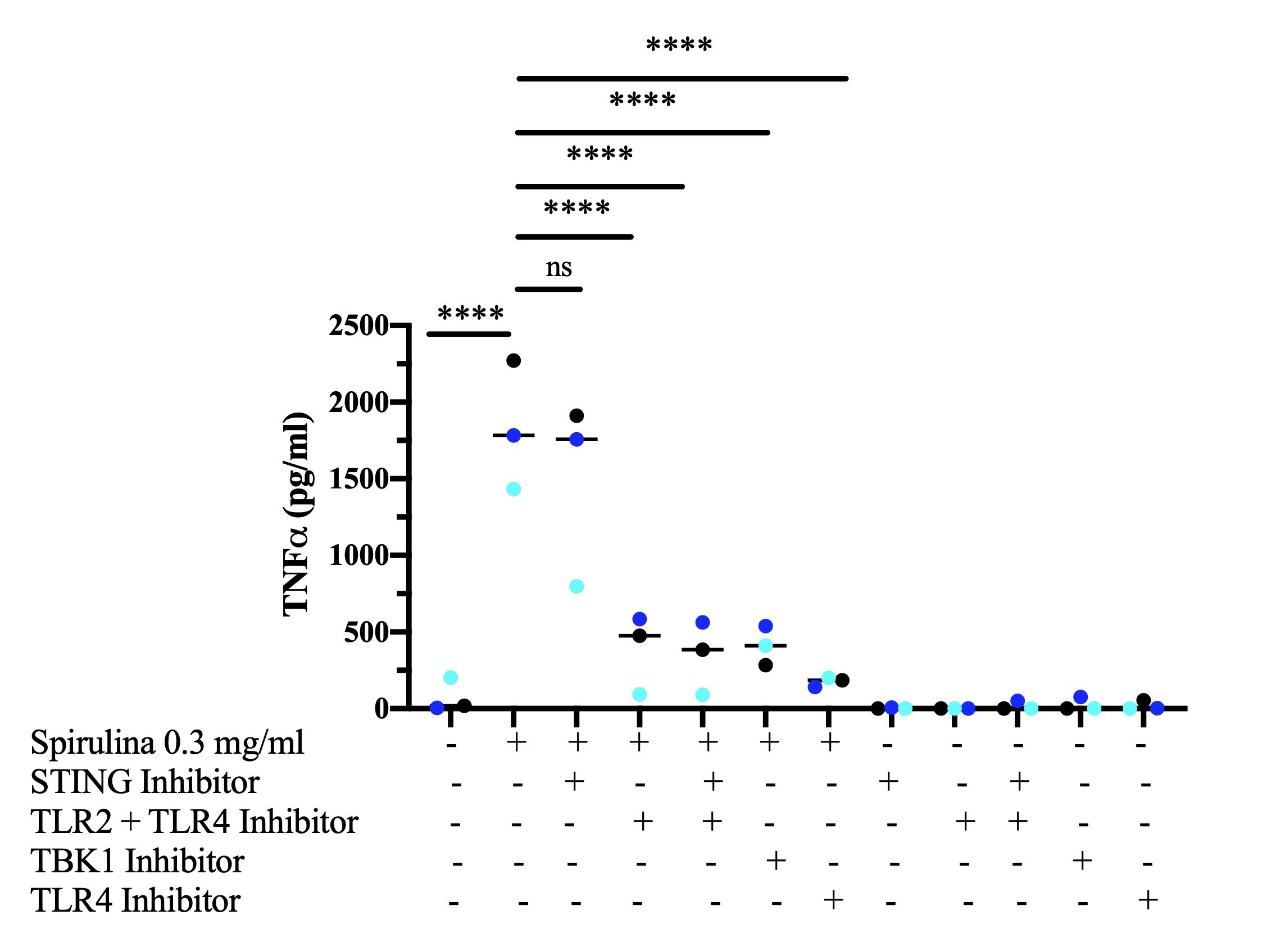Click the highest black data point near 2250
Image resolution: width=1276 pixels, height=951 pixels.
click(513, 361)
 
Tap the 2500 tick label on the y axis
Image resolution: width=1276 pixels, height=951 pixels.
click(358, 326)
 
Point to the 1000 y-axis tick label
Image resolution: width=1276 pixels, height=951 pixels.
click(358, 555)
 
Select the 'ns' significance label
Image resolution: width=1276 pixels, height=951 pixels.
click(558, 267)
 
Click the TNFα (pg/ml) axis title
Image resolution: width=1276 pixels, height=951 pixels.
click(297, 515)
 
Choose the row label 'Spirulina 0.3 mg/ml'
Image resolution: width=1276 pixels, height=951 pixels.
click(167, 742)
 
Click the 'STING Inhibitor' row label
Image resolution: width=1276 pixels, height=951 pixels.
click(144, 782)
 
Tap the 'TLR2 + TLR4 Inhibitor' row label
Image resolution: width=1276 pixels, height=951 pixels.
click(194, 822)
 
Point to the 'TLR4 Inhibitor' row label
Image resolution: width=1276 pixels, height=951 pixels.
click(135, 900)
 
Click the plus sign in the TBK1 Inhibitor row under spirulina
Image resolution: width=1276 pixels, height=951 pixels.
click(776, 861)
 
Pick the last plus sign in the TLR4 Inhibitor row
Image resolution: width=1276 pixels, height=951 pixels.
click(1148, 900)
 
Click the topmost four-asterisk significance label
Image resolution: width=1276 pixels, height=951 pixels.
click(679, 45)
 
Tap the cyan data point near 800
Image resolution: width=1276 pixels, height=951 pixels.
click(576, 587)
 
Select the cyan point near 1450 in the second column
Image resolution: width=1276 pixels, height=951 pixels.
click(513, 490)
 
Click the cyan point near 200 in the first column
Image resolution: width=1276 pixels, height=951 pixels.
click(451, 677)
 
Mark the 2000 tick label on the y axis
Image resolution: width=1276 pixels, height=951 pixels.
click(358, 403)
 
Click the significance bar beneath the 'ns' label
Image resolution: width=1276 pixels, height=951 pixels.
click(548, 289)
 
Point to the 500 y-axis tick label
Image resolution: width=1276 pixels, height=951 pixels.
click(366, 633)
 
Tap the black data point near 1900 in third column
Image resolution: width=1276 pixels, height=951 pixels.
click(576, 415)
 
